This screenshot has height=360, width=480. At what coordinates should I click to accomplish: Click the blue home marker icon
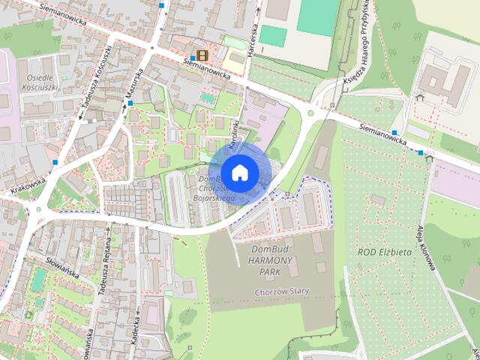[x=238, y=172]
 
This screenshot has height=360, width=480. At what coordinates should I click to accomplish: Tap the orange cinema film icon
[x=202, y=55]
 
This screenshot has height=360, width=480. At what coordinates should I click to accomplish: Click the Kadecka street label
[x=135, y=328]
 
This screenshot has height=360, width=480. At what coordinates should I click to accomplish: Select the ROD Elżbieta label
[x=385, y=252]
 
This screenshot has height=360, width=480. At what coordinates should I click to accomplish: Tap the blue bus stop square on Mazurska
[x=130, y=103]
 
